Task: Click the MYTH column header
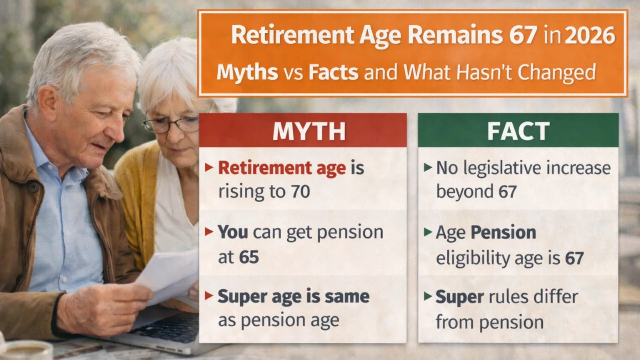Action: click(x=309, y=131)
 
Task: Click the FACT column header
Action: click(x=518, y=131)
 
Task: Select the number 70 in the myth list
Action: click(x=300, y=192)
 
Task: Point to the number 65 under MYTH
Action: click(x=249, y=257)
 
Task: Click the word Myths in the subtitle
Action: click(x=247, y=72)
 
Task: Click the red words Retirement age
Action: click(x=282, y=168)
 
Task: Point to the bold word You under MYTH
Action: click(x=233, y=232)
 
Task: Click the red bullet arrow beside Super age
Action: click(x=209, y=296)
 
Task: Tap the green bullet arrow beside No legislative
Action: click(x=428, y=167)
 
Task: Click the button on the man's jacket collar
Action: click(x=33, y=188)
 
